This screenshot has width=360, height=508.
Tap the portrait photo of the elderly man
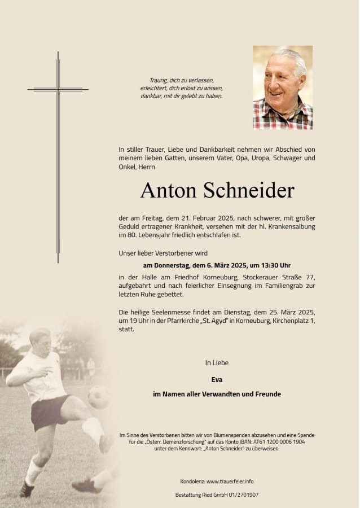282,87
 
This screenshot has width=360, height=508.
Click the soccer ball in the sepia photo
99,397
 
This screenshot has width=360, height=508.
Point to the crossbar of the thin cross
58,89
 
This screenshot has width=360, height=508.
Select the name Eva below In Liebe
217,380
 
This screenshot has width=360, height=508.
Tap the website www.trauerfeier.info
230,481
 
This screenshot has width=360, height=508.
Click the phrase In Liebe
217,362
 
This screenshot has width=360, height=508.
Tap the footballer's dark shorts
49,411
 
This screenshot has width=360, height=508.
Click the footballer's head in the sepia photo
40,339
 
